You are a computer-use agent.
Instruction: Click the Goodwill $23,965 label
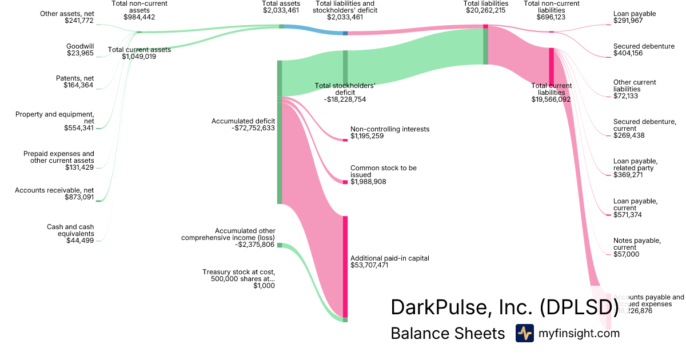tap(80, 50)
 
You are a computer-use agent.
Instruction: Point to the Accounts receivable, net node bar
tap(98, 201)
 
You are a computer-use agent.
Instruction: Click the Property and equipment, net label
tap(55, 121)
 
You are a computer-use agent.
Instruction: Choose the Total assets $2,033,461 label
tap(281, 7)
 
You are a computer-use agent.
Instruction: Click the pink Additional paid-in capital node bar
tap(345, 266)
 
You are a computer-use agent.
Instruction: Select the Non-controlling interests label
tap(389, 133)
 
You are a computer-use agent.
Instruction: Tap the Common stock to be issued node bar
tap(345, 182)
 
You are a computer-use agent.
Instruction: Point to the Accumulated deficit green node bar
tap(280, 131)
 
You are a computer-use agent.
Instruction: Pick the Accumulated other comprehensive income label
tap(228, 238)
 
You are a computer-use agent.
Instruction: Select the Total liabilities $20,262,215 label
tap(485, 7)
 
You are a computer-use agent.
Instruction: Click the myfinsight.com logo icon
tap(524, 333)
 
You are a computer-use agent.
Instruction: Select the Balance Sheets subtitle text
tap(448, 333)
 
